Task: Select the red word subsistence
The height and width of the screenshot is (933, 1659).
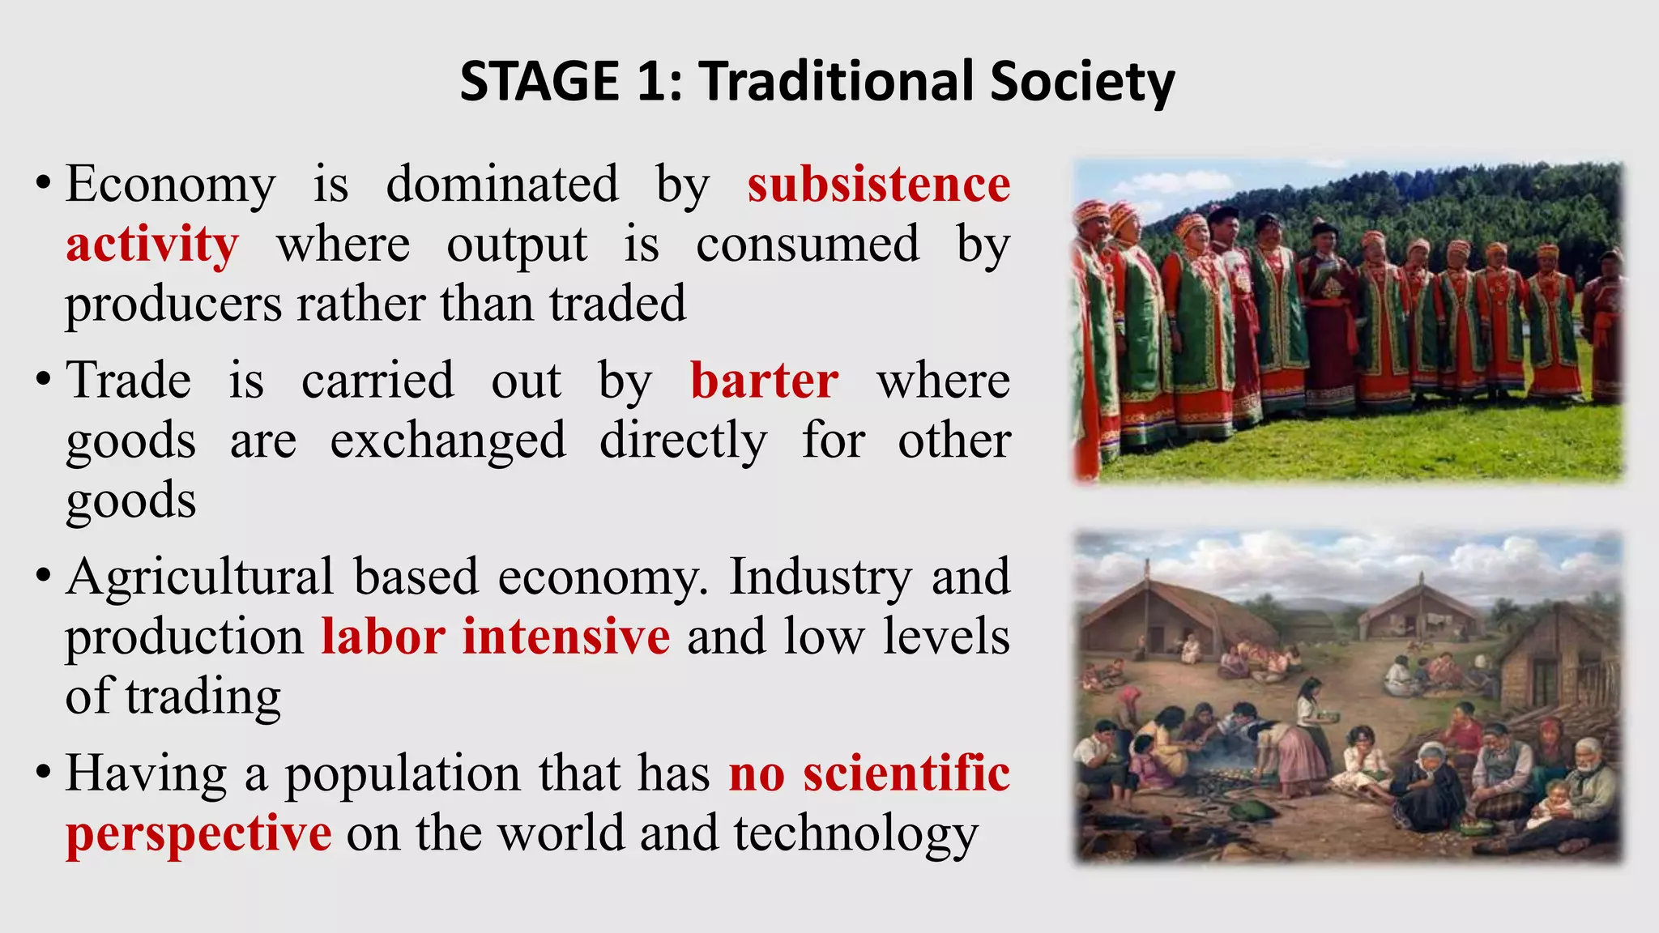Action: pos(879,185)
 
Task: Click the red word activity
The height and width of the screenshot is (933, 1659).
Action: pos(152,244)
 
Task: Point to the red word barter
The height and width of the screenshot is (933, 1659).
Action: pos(764,381)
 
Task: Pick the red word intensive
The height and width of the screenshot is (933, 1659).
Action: pos(566,637)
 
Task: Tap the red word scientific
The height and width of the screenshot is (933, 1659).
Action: pos(906,773)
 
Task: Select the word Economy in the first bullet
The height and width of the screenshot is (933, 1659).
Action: pos(171,185)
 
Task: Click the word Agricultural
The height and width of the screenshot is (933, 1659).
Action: pos(199,577)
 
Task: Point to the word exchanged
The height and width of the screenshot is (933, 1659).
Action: pos(448,441)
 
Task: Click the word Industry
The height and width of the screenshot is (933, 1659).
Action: pos(821,577)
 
